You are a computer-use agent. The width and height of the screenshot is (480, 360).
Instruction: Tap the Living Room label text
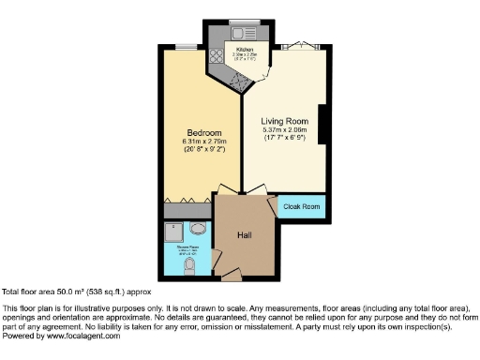point(283,120)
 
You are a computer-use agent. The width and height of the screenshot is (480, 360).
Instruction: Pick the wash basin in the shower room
point(199,229)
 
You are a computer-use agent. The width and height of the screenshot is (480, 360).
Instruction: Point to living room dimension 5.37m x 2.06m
point(283,129)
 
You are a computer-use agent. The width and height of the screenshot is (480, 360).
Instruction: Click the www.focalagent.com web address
point(82,335)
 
